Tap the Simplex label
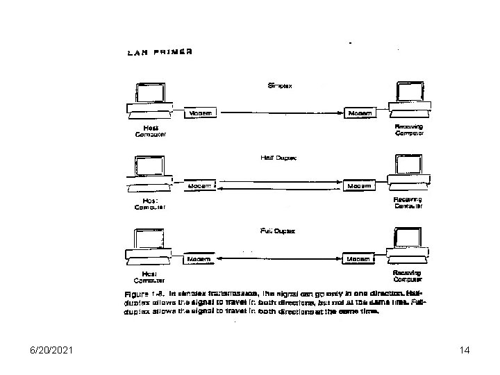point(281,85)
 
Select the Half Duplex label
point(278,158)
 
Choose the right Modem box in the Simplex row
point(360,112)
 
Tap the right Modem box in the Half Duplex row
point(360,186)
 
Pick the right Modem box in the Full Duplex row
point(360,259)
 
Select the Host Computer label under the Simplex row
point(151,131)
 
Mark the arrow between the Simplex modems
point(281,112)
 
